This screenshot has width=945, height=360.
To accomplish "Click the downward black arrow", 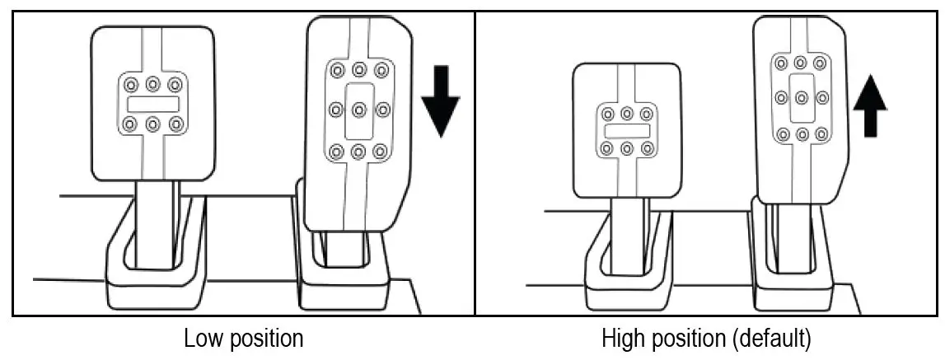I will coord(440,107).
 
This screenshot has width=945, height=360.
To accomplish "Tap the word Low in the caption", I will coord(202,339).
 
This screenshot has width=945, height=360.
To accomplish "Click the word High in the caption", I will coord(622,339).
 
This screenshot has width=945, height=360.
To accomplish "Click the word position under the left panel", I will coord(264,339).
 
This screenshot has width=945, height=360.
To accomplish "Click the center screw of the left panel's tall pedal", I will coord(358,109).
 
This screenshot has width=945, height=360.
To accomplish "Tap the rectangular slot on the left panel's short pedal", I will coord(152,104).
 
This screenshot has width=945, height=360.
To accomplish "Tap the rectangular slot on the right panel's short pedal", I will coord(627,131).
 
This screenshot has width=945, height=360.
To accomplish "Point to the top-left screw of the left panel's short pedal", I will coord(130,84).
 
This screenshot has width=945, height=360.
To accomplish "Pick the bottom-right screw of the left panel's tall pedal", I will coord(380,152).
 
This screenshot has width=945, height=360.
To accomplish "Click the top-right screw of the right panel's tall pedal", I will coord(820,63).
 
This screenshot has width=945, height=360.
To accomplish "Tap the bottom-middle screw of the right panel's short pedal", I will coord(627,149).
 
